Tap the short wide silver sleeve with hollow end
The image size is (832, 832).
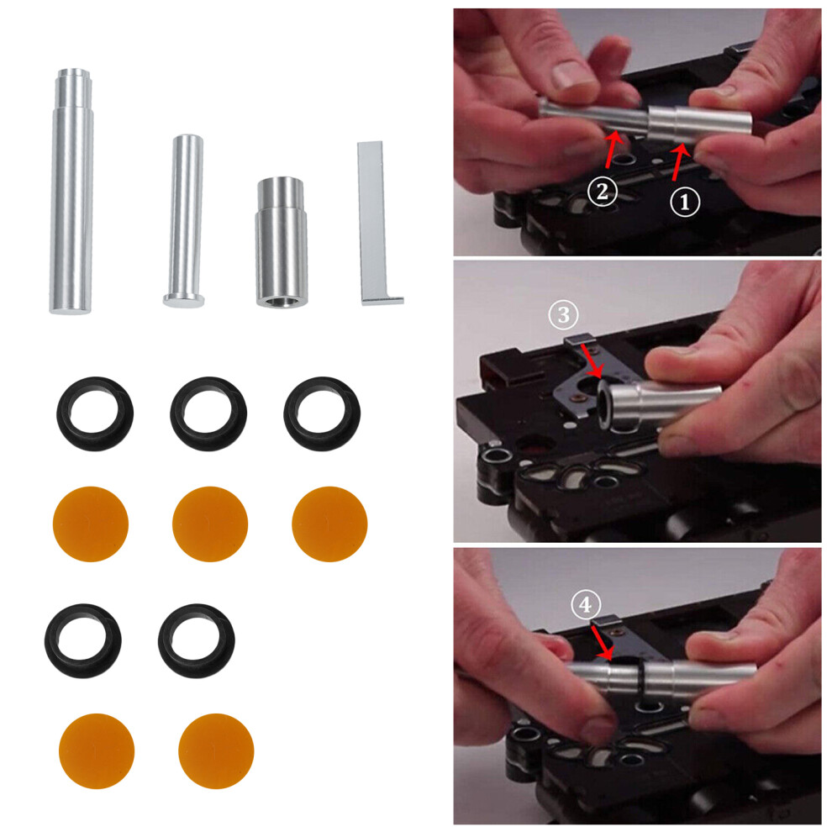(281, 244)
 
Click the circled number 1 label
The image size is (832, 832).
(683, 202)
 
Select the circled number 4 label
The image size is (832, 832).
(586, 603)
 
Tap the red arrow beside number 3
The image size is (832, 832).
(590, 360)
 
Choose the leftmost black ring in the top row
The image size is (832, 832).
(94, 413)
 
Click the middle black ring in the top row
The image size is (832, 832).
(208, 413)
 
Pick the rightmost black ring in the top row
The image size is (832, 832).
(322, 413)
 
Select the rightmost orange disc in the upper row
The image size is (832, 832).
(329, 524)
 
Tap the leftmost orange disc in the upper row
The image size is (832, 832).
(90, 524)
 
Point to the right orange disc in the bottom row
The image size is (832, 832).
(216, 751)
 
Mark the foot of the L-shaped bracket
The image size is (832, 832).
(383, 300)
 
